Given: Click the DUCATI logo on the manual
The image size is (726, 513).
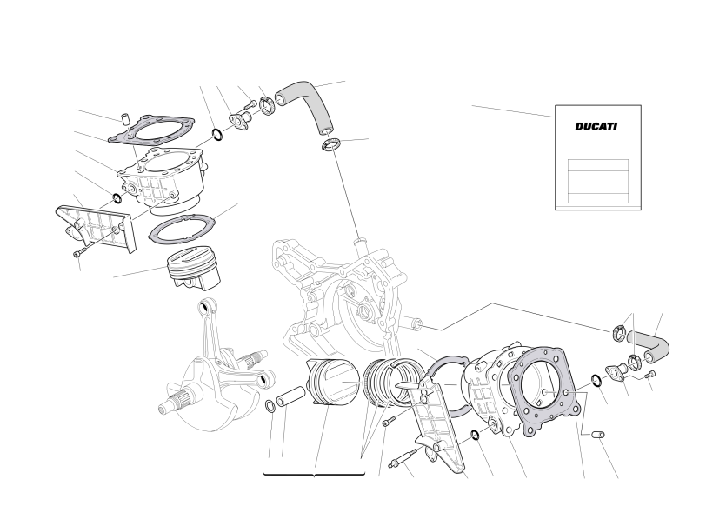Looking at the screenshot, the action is point(596,126).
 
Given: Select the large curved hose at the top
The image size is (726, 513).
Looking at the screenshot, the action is point(310,102).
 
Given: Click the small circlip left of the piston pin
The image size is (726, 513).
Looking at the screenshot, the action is point(270,406).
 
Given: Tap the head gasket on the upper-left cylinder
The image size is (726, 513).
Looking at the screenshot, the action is point(152,128).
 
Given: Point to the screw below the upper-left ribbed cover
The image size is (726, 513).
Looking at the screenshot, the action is point(80,252).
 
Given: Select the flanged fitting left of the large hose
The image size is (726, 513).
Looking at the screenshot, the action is point(240,119).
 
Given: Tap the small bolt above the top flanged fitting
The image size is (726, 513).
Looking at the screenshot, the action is point(250,103).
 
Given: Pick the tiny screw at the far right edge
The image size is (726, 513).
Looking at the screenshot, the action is point(650,374).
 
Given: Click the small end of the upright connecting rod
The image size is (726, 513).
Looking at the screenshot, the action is point(203,307).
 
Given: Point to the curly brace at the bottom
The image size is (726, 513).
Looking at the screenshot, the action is point(315,475).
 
